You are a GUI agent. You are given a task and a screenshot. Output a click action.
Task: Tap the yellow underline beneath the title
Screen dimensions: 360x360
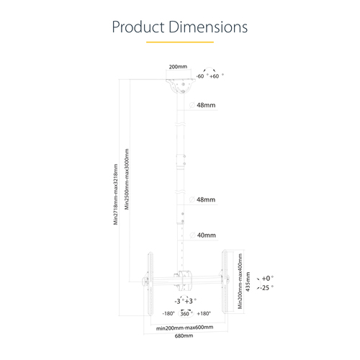tap(179, 42)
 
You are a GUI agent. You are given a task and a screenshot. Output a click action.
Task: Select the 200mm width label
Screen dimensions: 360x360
tap(177, 67)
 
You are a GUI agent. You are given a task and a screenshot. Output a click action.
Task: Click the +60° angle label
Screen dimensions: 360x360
tap(215, 76)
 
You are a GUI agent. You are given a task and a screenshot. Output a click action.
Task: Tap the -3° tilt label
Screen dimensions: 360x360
tap(177, 300)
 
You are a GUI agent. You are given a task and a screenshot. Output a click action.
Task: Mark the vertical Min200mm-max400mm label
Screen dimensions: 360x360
tap(240, 279)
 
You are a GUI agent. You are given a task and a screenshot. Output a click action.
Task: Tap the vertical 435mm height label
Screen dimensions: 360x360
tap(248, 280)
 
